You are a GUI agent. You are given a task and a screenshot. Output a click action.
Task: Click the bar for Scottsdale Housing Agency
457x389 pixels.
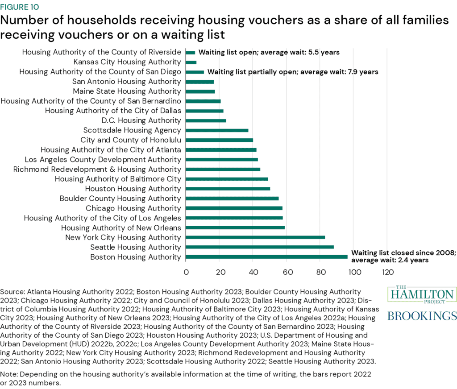[217, 130]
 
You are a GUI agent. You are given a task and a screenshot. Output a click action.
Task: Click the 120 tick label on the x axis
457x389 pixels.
[387, 272]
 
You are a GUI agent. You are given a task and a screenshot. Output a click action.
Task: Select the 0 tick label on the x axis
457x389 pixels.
[186, 272]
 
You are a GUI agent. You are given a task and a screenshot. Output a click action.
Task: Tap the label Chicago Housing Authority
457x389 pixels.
[133, 208]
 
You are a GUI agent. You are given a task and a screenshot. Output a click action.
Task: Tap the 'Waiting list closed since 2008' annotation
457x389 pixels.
[403, 252]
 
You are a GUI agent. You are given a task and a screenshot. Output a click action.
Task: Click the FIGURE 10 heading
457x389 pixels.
[20, 7]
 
